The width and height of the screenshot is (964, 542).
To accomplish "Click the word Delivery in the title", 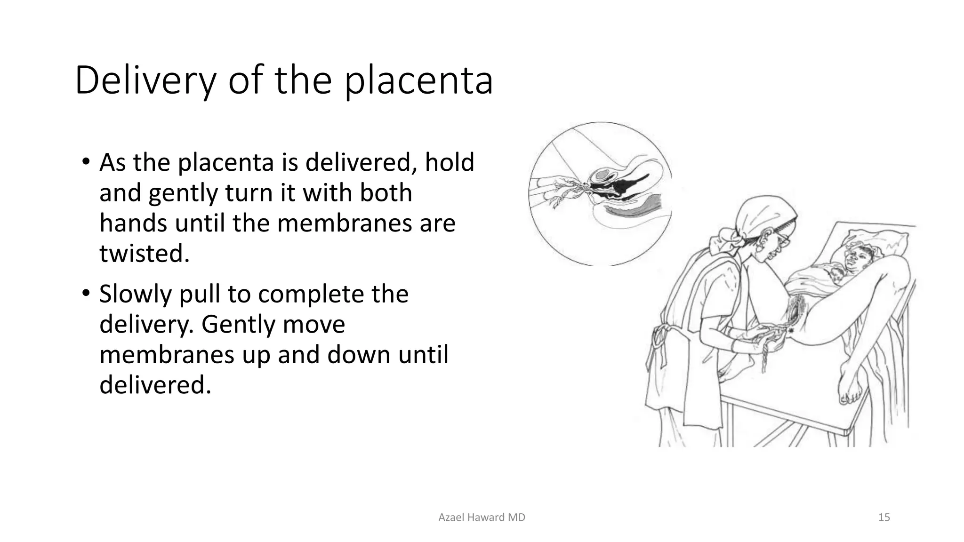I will coord(145,81).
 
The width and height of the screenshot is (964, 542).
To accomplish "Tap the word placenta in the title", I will coord(418,81).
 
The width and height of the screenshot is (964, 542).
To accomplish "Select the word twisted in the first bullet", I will coord(144,254).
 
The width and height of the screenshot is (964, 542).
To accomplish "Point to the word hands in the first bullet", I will coord(133,223).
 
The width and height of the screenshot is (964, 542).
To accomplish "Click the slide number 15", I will coord(884,518).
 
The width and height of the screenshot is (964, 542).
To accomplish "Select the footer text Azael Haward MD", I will coord(482,518).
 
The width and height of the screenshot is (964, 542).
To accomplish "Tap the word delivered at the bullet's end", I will coord(154,385).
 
